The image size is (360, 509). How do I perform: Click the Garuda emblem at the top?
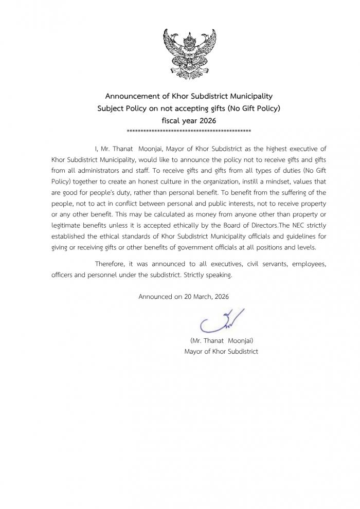click(189, 53)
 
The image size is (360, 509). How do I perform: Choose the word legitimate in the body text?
click(69, 227)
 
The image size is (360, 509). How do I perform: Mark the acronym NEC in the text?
click(299, 227)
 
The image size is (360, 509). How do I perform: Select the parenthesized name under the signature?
click(221, 340)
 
